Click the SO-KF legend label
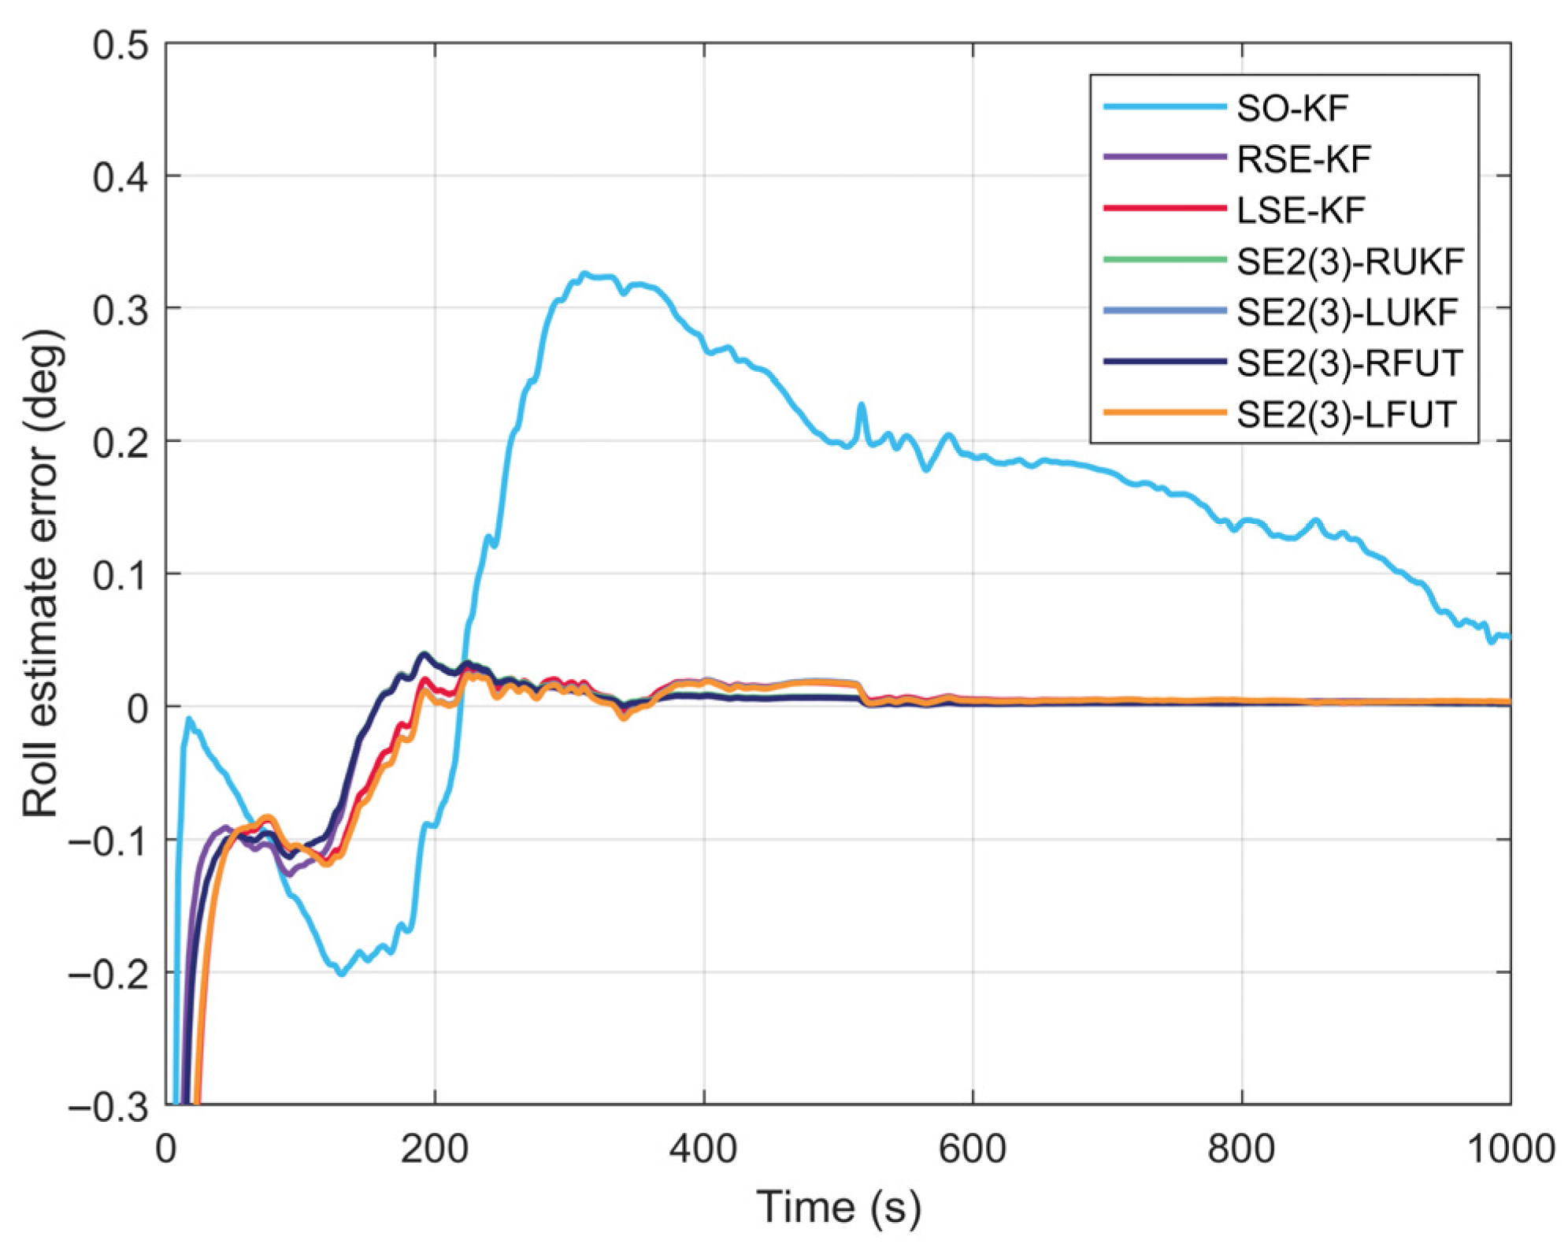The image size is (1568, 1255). pyautogui.click(x=1292, y=109)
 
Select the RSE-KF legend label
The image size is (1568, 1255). pyautogui.click(x=1303, y=160)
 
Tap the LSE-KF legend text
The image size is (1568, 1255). pyautogui.click(x=1300, y=210)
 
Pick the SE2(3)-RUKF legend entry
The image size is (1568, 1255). pyautogui.click(x=1350, y=262)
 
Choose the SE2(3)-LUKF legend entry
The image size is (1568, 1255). pyautogui.click(x=1347, y=313)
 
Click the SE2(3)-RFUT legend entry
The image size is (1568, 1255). pyautogui.click(x=1349, y=363)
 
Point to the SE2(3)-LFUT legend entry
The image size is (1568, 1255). pyautogui.click(x=1346, y=414)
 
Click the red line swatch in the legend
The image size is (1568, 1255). pyautogui.click(x=1165, y=209)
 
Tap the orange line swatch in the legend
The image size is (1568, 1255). pyautogui.click(x=1165, y=413)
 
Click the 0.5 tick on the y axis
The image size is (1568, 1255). pyautogui.click(x=120, y=46)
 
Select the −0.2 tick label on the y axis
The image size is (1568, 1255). pyautogui.click(x=109, y=975)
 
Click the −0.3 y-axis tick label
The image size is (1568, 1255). pyautogui.click(x=109, y=1108)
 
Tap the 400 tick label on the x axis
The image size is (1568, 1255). pyautogui.click(x=703, y=1149)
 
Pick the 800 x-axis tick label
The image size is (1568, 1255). pyautogui.click(x=1241, y=1149)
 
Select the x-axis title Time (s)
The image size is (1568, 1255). pyautogui.click(x=839, y=1208)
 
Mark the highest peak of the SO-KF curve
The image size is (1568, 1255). pyautogui.click(x=584, y=273)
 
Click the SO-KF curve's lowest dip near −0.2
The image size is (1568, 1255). pyautogui.click(x=342, y=975)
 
